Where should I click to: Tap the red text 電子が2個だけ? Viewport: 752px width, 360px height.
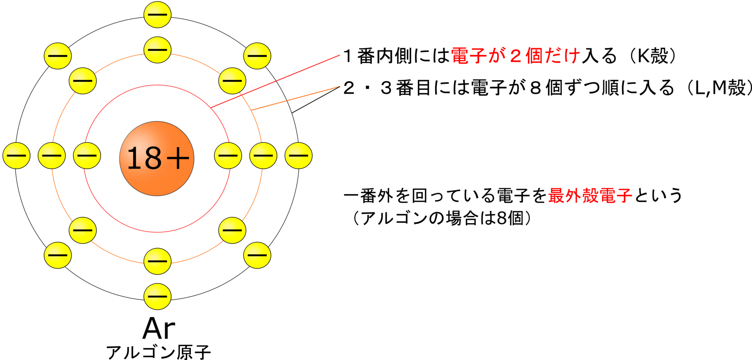(515, 56)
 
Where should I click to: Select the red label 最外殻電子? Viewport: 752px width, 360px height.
(590, 196)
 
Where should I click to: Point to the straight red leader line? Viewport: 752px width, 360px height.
(275, 81)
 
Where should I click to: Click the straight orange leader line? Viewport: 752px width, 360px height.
(296, 98)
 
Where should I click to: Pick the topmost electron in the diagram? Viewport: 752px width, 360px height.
(157, 15)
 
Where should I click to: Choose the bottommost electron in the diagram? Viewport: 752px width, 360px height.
(157, 297)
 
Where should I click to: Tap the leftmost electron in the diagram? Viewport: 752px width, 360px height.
(16, 155)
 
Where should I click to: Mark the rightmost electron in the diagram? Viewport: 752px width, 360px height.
(298, 155)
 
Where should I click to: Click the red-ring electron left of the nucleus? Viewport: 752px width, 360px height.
(87, 155)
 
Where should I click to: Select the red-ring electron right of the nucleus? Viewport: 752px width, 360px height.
(228, 155)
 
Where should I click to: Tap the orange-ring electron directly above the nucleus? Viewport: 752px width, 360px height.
(157, 50)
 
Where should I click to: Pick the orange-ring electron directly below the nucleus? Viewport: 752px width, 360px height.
(157, 261)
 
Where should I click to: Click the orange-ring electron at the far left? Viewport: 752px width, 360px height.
(51, 155)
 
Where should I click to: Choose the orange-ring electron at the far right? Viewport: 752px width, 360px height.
(263, 155)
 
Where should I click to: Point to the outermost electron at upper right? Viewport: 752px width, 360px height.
(257, 56)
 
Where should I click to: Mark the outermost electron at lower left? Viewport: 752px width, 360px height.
(57, 255)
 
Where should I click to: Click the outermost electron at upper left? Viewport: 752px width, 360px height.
(57, 56)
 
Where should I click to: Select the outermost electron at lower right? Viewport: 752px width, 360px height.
(257, 255)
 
